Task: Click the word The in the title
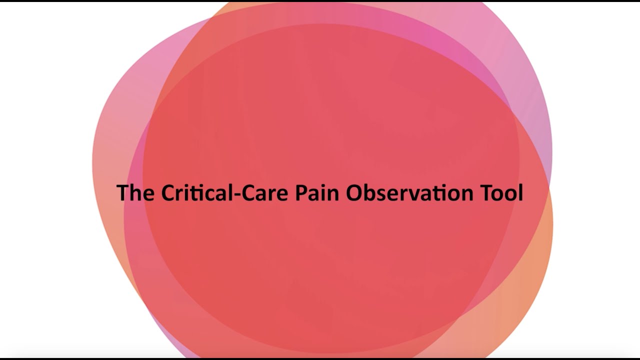[135, 193]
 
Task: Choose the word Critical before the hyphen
[194, 193]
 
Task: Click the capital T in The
[122, 193]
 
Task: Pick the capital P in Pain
[300, 193]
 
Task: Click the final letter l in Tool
[520, 193]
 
